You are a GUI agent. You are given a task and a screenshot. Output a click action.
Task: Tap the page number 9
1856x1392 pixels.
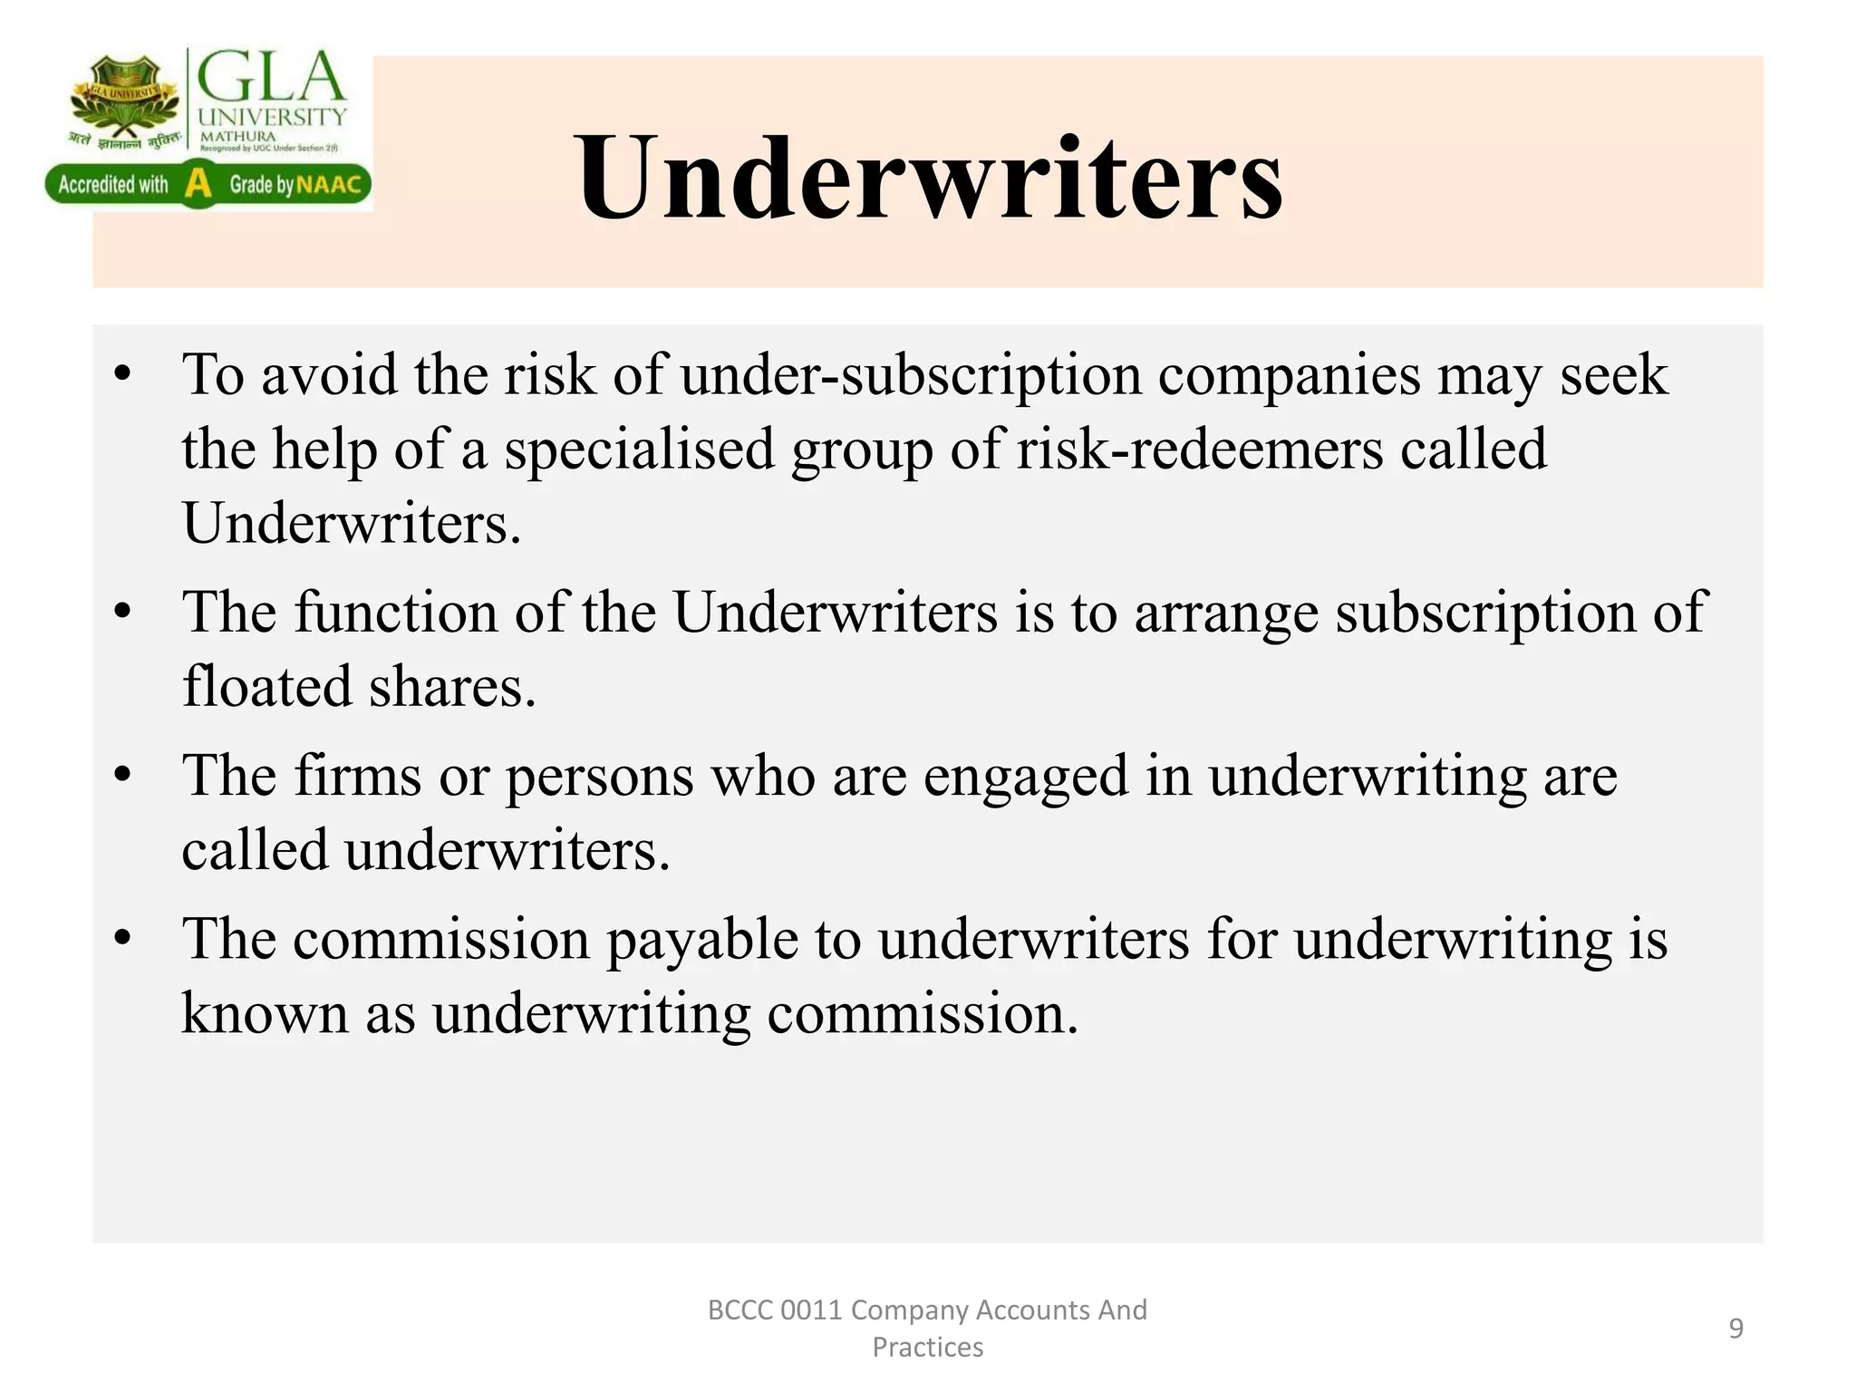[x=1735, y=1329]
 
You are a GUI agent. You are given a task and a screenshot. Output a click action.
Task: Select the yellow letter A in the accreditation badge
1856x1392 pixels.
[x=198, y=184]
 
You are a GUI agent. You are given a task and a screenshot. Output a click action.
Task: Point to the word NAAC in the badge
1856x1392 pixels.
[x=329, y=185]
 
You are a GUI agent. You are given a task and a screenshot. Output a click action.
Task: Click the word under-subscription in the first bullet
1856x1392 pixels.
[x=911, y=375]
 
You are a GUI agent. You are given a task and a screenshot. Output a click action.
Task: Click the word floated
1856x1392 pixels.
[x=267, y=686]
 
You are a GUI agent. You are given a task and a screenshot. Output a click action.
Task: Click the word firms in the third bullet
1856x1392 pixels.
[x=358, y=776]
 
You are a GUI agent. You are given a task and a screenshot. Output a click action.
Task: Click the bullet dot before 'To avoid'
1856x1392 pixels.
[x=124, y=375]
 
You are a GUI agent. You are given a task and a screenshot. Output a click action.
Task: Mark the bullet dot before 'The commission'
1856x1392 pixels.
[x=124, y=939]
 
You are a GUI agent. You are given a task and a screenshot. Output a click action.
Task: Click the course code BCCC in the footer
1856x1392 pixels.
[x=739, y=1310]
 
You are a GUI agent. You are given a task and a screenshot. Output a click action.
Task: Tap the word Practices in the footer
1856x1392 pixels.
[x=927, y=1348]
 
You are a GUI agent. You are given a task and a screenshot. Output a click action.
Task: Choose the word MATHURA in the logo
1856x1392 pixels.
[x=237, y=136]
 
